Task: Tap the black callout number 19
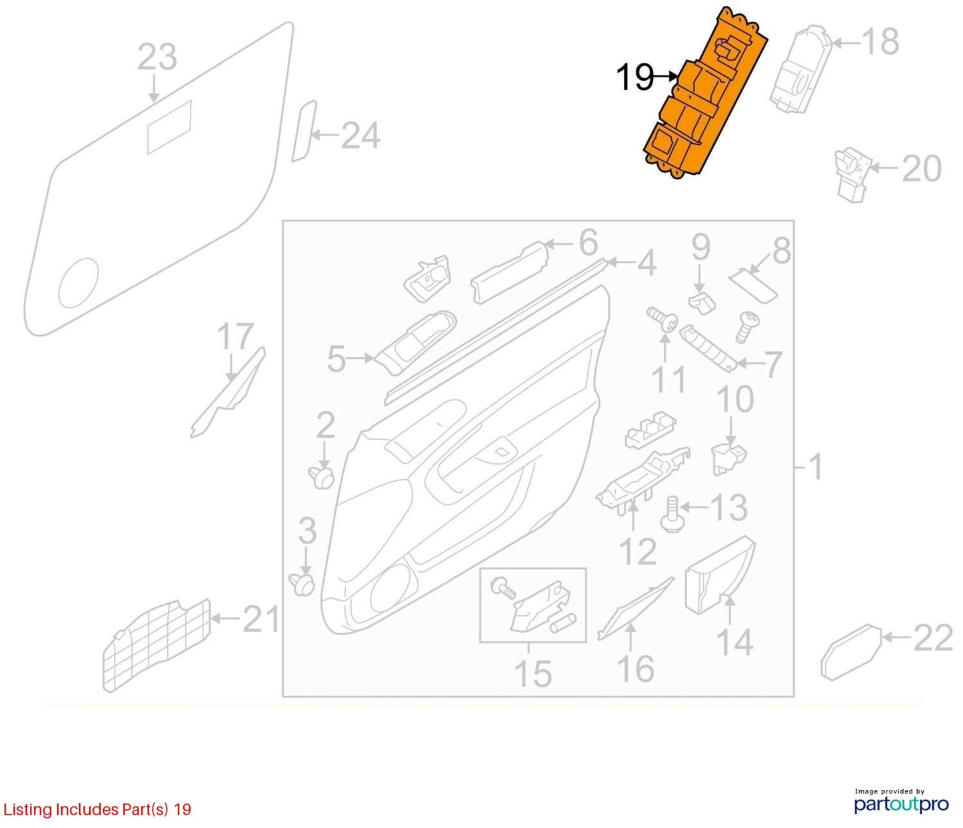(635, 77)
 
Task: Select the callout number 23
(157, 57)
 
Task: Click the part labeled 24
(304, 131)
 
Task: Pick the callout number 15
(533, 674)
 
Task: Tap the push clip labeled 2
(321, 476)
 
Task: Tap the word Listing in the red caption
(27, 809)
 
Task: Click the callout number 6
(588, 243)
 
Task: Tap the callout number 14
(734, 642)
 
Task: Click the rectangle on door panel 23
(169, 127)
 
